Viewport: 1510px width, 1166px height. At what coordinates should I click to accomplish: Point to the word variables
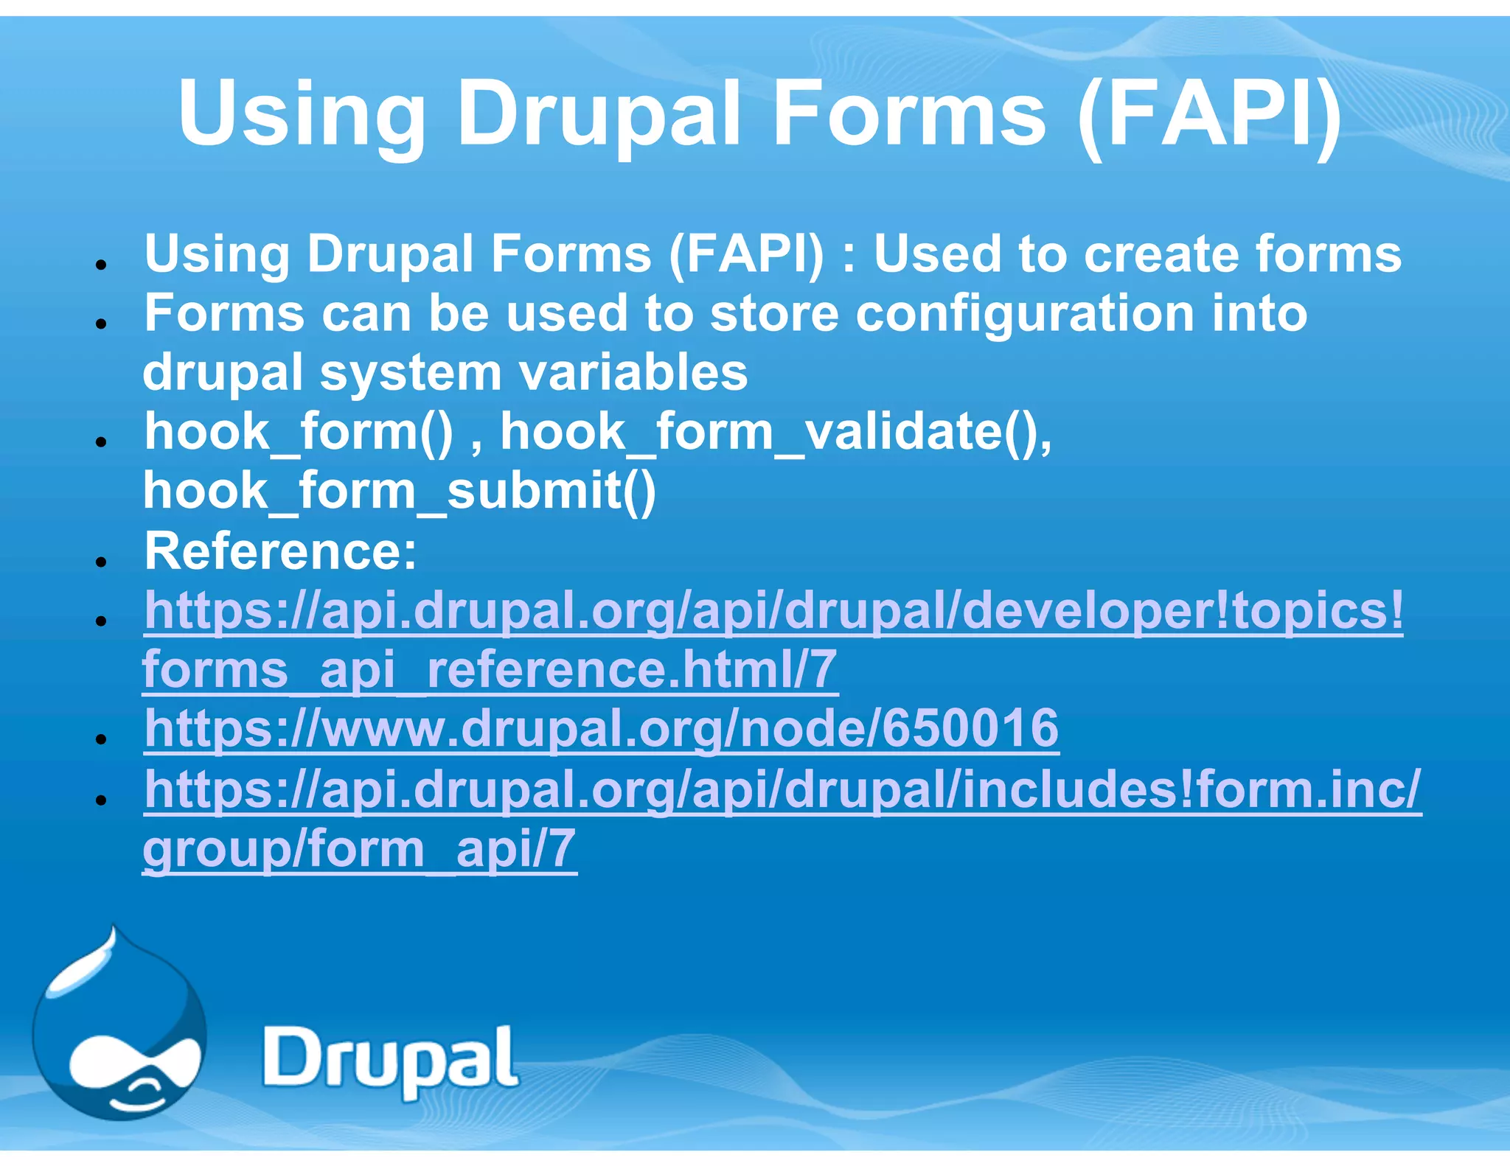(x=634, y=372)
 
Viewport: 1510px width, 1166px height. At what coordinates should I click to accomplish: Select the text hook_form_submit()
(x=399, y=492)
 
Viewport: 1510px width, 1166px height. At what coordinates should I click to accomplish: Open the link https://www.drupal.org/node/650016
(x=602, y=729)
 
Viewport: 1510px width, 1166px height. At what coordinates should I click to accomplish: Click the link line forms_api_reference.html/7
(x=490, y=670)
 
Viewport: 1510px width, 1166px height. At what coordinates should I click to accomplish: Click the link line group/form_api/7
(x=359, y=849)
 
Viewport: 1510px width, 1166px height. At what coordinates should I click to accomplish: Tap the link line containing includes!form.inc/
(x=782, y=789)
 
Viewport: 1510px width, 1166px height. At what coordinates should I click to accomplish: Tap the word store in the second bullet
(x=773, y=314)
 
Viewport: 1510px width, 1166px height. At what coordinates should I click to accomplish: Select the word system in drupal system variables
(x=411, y=372)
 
